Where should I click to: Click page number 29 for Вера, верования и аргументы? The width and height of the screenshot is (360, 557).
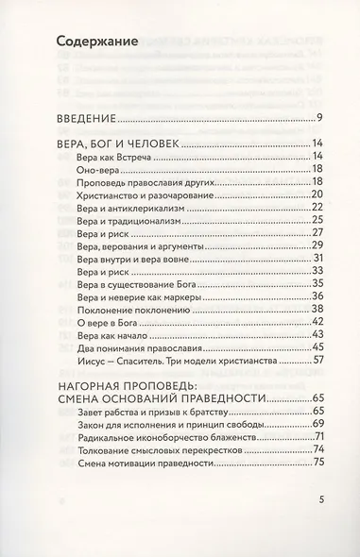318,245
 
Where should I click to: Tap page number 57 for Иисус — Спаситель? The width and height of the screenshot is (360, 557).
318,361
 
